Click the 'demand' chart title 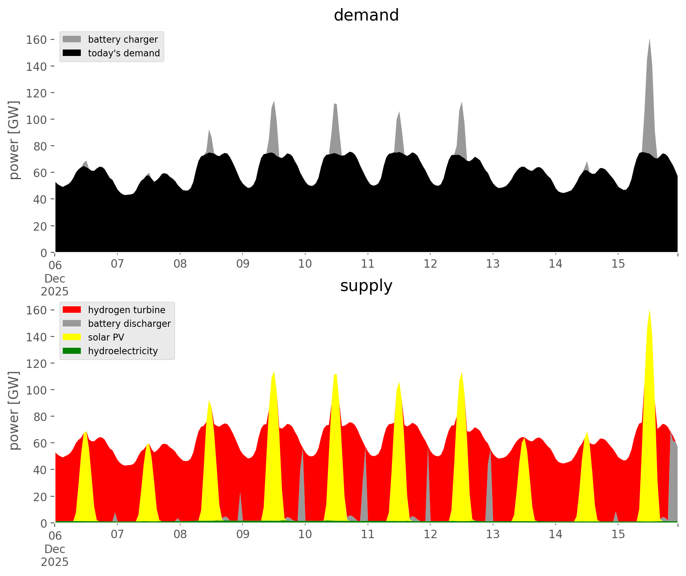(x=366, y=15)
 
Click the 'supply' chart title (x=366, y=286)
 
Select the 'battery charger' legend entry (x=123, y=39)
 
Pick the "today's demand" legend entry (x=124, y=53)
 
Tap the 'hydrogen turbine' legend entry (x=126, y=310)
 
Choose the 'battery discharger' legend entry (x=129, y=324)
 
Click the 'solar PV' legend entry (x=106, y=337)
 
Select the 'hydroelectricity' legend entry (x=123, y=351)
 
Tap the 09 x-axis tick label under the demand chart (x=242, y=264)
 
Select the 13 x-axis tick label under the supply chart (x=493, y=535)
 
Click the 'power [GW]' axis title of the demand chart (x=14, y=140)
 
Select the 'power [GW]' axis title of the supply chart (x=14, y=411)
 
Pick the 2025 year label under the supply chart (x=55, y=562)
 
